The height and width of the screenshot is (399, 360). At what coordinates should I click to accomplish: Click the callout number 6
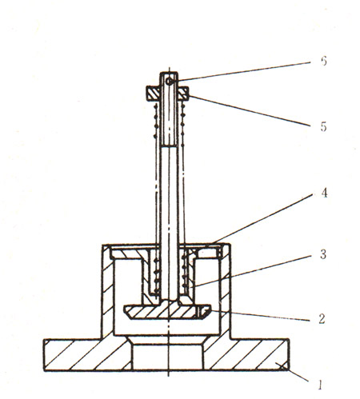click(323, 62)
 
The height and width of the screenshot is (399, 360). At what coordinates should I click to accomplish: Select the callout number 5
click(323, 126)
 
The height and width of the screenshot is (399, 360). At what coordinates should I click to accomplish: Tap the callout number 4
click(324, 193)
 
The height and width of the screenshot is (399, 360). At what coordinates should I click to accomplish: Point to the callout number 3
click(323, 254)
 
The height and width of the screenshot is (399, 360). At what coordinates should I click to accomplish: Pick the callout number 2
click(322, 318)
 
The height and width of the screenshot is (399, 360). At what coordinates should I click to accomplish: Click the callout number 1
click(319, 385)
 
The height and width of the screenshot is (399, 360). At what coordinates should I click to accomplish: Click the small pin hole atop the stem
click(169, 81)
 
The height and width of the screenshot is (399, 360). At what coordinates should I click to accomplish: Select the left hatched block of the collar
click(153, 94)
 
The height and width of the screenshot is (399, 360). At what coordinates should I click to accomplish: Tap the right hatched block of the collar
click(183, 94)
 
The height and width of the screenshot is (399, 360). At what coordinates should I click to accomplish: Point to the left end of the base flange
click(44, 355)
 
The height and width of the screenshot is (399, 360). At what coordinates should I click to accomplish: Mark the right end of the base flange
click(289, 355)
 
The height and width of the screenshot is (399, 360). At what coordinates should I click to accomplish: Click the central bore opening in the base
click(167, 357)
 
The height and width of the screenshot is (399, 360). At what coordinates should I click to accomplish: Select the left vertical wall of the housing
click(108, 290)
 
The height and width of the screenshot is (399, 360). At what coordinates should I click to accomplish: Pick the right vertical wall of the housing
click(225, 290)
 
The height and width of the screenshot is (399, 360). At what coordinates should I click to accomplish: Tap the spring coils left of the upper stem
click(155, 122)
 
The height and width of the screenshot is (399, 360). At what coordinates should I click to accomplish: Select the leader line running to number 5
click(250, 110)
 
